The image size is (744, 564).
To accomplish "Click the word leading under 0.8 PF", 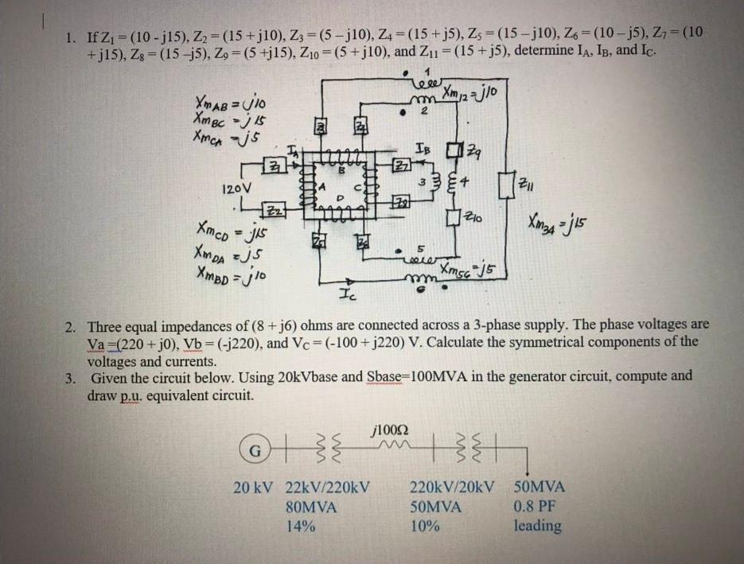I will pos(537,526).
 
